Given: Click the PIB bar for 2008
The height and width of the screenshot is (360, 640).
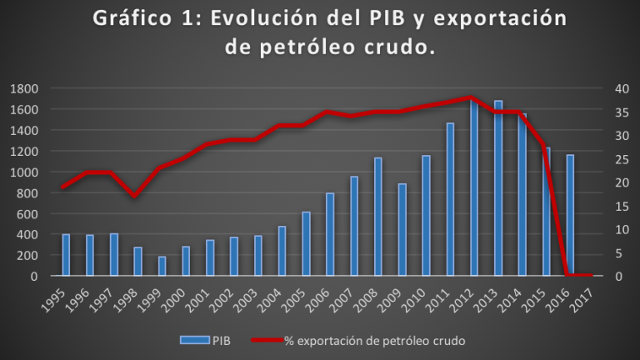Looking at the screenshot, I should coord(378,217).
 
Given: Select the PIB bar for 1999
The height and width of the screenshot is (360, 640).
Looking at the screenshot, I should coord(162,266).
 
